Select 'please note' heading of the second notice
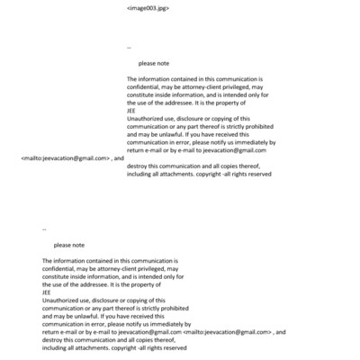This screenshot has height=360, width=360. pos(69,245)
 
